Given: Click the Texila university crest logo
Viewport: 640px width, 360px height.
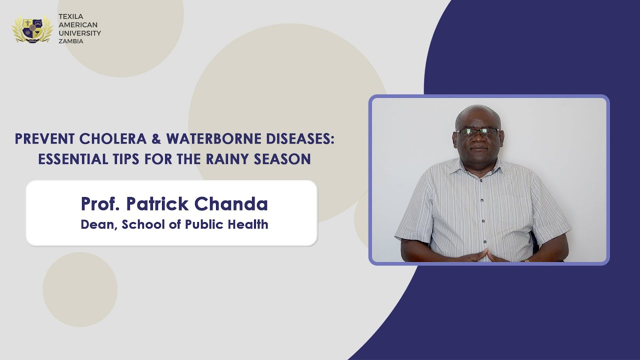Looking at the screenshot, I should pos(32,28).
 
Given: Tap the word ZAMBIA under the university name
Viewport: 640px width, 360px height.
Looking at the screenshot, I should pos(71,41).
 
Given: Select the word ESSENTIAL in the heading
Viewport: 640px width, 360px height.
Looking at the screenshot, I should pos(72,159).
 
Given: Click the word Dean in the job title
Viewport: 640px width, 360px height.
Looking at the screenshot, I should pos(98,224).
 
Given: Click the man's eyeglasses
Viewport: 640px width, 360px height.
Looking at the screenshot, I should pos(477,132).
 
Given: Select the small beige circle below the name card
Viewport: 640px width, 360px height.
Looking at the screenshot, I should pos(80,289).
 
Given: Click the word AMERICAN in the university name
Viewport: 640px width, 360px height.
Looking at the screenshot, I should pos(78,25).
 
